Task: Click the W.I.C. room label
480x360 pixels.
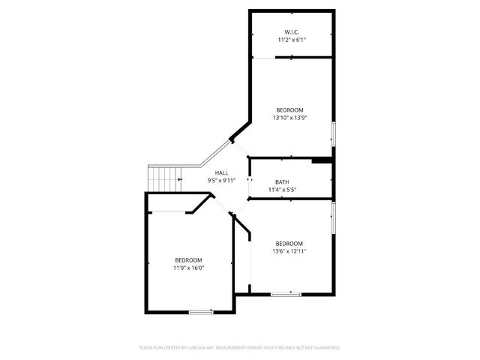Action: point(292,31)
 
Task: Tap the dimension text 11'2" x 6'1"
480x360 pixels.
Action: point(292,39)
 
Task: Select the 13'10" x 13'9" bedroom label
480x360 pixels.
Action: point(289,109)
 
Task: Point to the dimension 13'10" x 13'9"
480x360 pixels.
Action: point(289,118)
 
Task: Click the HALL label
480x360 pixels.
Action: point(221,172)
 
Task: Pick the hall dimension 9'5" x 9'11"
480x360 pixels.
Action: point(221,181)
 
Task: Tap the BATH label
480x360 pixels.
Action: point(282,182)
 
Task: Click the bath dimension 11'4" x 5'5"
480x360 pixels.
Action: point(282,190)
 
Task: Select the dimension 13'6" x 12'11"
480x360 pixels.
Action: point(289,251)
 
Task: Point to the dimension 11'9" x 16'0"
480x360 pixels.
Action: point(189,268)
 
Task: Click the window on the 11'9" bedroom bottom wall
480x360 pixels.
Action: point(200,311)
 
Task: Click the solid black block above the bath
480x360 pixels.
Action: point(322,159)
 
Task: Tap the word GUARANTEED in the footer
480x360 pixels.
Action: point(327,348)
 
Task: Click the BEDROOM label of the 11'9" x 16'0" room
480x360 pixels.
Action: point(189,259)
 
